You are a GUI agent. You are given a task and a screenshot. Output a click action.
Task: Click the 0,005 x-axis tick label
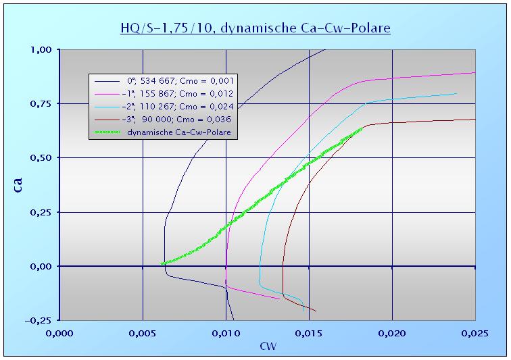tap(143, 332)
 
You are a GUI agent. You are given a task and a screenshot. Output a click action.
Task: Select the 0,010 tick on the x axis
tap(226, 332)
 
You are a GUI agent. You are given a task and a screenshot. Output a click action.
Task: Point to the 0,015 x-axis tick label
tap(309, 332)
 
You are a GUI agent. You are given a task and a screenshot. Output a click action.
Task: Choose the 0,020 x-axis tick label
tap(392, 332)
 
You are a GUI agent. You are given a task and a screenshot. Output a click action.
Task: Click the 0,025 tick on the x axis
tap(474, 332)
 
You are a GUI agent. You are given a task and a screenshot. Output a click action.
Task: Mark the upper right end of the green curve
tap(361, 128)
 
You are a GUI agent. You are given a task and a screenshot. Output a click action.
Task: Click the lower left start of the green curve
tap(163, 263)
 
